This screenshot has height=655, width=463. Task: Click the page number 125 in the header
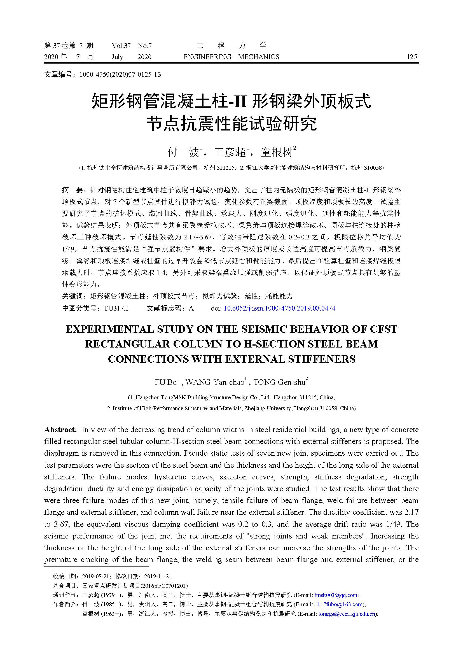click(412, 57)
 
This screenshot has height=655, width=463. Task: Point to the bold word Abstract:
click(60, 430)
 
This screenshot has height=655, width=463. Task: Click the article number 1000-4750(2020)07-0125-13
click(120, 75)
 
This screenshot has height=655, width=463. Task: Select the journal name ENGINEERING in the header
click(207, 57)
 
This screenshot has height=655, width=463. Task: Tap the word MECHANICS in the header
click(259, 57)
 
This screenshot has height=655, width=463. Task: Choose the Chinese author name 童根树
click(277, 153)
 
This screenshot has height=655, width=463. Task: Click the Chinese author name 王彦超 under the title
click(230, 153)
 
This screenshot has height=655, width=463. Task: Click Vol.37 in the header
click(121, 46)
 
